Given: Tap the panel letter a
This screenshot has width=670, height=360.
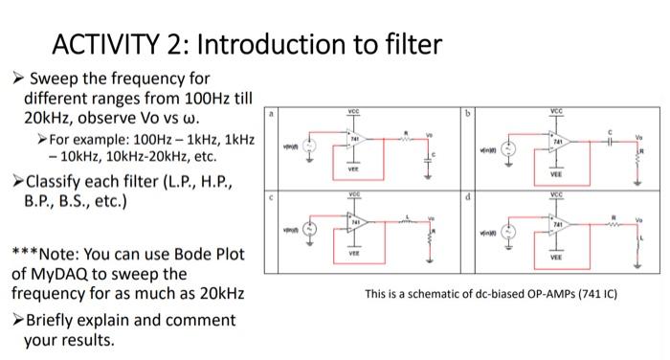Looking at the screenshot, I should pos(272,113).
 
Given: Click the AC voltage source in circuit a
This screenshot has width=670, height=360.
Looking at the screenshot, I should pos(309,146).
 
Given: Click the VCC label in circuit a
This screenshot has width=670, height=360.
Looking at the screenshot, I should pos(357,113).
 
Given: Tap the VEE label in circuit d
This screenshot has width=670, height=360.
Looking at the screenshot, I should pos(555,258).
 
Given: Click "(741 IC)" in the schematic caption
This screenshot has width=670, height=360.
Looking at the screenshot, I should pos(591,294).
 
